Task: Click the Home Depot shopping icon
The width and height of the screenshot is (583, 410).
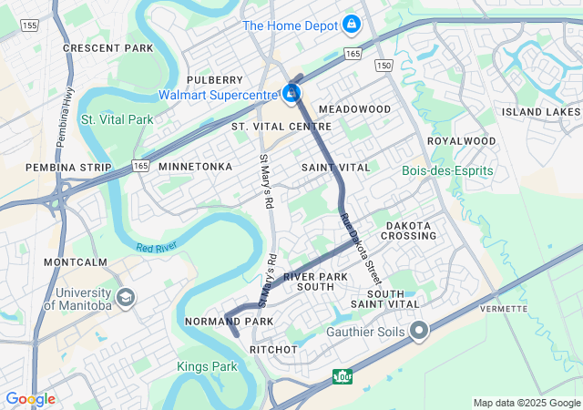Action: click(x=351, y=25)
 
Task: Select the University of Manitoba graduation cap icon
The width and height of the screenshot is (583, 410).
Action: click(x=125, y=297)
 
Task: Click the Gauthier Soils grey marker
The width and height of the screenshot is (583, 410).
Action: click(x=419, y=331)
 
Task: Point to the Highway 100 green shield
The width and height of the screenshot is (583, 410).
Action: click(x=343, y=375)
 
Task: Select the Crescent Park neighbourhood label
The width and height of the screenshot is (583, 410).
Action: click(x=107, y=47)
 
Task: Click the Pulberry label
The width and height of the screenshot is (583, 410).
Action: click(x=214, y=80)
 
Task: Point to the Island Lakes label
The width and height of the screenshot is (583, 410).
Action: click(x=540, y=112)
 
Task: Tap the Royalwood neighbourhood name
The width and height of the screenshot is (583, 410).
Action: click(x=462, y=141)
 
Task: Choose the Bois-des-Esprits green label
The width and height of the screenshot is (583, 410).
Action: click(x=447, y=170)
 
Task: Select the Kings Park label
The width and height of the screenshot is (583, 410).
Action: click(x=207, y=366)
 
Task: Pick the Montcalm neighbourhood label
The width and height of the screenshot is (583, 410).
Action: click(x=76, y=261)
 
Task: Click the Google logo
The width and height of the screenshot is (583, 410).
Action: click(x=30, y=399)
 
